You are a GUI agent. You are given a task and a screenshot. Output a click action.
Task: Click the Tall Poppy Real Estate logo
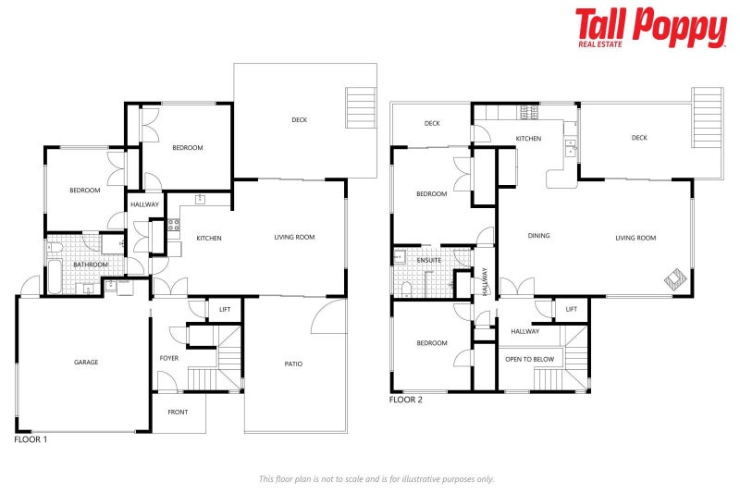[650, 28]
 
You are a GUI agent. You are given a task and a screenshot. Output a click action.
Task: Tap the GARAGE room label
[86, 363]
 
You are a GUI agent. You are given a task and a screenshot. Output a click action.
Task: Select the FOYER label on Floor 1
[169, 357]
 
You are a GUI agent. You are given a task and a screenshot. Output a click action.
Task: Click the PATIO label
[293, 364]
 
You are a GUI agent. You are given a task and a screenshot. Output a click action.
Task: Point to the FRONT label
[179, 413]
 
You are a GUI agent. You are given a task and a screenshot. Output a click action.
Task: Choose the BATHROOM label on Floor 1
[91, 265]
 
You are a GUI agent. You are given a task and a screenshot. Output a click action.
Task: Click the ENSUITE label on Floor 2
[429, 261]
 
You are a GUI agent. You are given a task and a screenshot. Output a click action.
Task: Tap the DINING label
[538, 236]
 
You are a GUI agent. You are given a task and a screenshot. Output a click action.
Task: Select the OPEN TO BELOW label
[529, 358]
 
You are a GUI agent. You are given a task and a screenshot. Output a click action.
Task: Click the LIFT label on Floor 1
[224, 309]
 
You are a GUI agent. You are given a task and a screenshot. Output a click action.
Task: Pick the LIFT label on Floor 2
[571, 309]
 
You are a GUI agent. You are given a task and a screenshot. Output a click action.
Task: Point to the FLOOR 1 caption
[31, 440]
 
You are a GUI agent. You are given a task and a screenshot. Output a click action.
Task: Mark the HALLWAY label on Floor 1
[144, 204]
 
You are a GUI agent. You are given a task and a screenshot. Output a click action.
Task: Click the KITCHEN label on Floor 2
[528, 139]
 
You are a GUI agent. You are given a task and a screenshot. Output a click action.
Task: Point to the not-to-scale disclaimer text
[376, 479]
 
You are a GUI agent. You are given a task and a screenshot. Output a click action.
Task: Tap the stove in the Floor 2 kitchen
[530, 114]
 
